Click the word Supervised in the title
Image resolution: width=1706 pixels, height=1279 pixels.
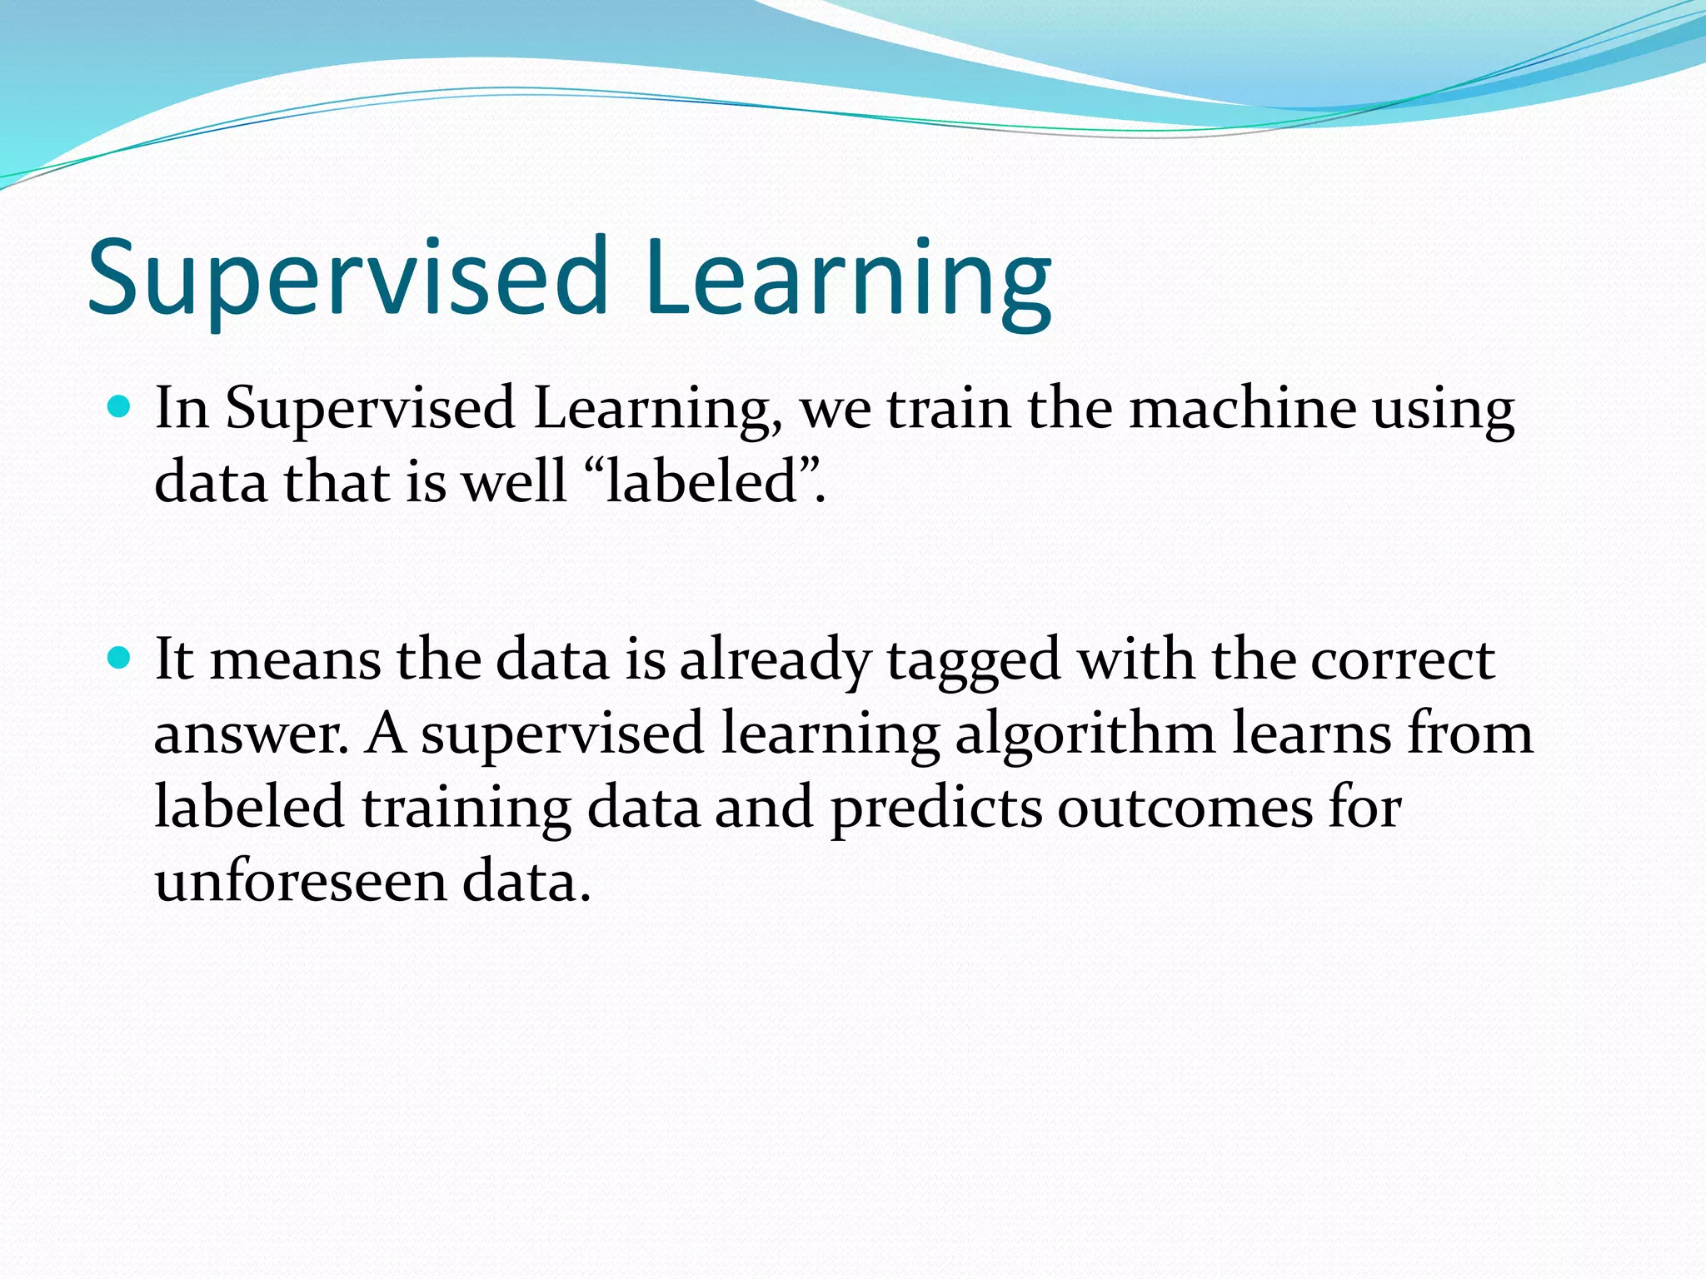click(x=347, y=279)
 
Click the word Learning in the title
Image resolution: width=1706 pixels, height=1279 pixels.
click(x=846, y=279)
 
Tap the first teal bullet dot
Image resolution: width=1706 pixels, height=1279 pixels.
click(x=120, y=407)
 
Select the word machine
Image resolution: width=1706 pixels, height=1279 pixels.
click(x=1242, y=409)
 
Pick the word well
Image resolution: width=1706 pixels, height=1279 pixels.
click(x=514, y=482)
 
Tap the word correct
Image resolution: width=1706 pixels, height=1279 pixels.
click(x=1403, y=660)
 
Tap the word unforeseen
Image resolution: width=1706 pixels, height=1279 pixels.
click(x=301, y=881)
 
